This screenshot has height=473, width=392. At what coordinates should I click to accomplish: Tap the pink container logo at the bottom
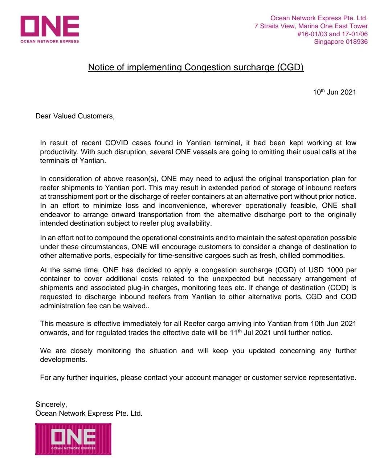pyautogui.click(x=73, y=439)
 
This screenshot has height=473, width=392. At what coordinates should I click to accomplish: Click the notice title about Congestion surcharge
pyautogui.click(x=196, y=67)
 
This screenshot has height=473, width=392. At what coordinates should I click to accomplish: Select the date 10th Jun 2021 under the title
pyautogui.click(x=334, y=92)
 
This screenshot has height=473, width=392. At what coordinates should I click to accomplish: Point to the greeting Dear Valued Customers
pyautogui.click(x=75, y=116)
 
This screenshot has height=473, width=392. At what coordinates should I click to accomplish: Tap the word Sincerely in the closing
pyautogui.click(x=51, y=405)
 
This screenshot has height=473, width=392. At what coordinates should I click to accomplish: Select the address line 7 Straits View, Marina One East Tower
pyautogui.click(x=311, y=26)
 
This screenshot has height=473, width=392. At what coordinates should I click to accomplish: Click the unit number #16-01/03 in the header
pyautogui.click(x=312, y=34)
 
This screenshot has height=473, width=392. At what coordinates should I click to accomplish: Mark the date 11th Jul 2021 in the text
pyautogui.click(x=250, y=332)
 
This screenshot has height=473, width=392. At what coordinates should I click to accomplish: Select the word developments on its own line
pyautogui.click(x=63, y=360)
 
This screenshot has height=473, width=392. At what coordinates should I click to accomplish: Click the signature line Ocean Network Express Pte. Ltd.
pyautogui.click(x=89, y=413)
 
